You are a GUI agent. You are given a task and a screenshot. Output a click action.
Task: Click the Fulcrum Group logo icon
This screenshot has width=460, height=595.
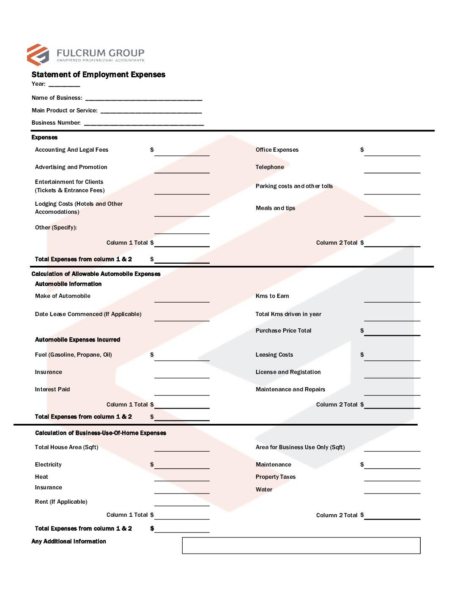(38, 55)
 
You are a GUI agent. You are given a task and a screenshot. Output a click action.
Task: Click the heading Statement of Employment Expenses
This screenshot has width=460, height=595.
(98, 74)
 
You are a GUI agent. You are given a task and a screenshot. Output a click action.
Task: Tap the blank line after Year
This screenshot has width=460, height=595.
(64, 85)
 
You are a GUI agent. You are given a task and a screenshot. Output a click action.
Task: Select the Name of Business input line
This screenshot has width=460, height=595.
(144, 99)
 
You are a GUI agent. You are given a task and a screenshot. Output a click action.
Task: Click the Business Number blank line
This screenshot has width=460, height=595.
(144, 124)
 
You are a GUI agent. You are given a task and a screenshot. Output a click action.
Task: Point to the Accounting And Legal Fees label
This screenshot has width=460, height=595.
(71, 150)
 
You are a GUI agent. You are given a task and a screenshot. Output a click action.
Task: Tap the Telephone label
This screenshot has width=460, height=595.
(270, 167)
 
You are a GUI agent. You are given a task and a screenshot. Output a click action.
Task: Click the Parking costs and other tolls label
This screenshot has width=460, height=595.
(294, 186)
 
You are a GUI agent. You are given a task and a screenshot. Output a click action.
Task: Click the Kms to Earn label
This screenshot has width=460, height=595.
(272, 296)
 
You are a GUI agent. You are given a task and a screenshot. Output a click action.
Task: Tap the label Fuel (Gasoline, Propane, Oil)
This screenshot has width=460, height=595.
(74, 355)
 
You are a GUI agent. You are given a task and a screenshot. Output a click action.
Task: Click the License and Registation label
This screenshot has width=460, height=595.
(288, 372)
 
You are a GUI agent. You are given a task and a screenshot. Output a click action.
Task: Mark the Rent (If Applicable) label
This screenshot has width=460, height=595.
(61, 502)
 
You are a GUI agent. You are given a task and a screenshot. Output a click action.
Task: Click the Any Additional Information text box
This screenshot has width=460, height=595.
(301, 545)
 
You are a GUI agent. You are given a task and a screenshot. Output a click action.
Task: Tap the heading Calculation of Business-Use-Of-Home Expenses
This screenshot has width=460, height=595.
(101, 433)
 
